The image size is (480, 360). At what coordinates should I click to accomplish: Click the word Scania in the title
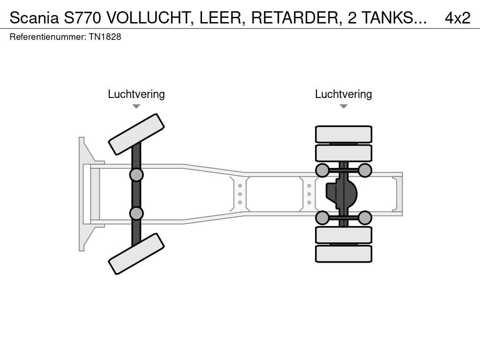(34, 18)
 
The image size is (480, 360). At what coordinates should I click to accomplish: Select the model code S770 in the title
(83, 18)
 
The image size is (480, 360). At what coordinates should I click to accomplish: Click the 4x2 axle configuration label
(457, 18)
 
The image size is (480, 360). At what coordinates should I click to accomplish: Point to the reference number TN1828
(105, 37)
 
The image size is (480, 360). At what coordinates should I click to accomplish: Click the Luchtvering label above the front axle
(136, 94)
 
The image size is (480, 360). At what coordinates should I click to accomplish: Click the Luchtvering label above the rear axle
(344, 94)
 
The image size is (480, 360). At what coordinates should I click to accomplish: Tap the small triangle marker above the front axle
(136, 106)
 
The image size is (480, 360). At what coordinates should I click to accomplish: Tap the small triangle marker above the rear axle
(344, 106)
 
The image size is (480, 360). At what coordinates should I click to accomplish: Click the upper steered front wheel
(136, 134)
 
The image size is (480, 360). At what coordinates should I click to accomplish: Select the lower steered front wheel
(136, 254)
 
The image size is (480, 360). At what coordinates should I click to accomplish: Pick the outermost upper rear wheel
(344, 134)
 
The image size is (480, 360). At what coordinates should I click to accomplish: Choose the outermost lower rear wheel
(344, 254)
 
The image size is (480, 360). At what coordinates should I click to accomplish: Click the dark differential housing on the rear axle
(342, 194)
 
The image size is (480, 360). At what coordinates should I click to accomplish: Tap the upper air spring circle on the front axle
(136, 175)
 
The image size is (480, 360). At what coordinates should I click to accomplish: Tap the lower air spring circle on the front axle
(136, 213)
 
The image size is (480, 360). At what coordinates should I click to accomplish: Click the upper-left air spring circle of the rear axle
(322, 170)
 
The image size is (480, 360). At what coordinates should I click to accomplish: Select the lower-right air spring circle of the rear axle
(365, 217)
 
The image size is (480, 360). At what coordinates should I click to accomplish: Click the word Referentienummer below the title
(47, 37)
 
